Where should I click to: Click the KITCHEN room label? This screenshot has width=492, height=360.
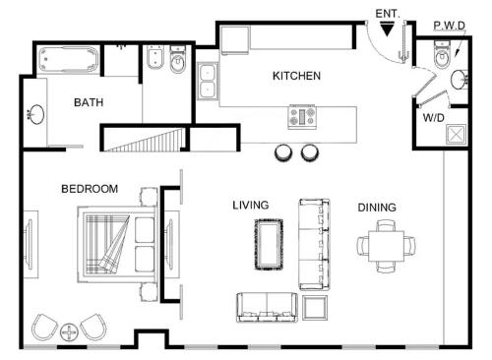pyautogui.click(x=296, y=76)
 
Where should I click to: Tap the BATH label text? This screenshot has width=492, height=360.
pyautogui.click(x=89, y=102)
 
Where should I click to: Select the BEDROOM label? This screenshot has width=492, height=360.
pyautogui.click(x=90, y=189)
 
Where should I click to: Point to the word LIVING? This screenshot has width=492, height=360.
pyautogui.click(x=251, y=206)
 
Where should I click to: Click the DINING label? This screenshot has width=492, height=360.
pyautogui.click(x=377, y=208)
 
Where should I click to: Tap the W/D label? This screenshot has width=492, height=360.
pyautogui.click(x=434, y=118)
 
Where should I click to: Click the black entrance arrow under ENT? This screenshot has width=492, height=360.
pyautogui.click(x=388, y=29)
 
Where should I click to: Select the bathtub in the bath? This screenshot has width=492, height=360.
pyautogui.click(x=68, y=60)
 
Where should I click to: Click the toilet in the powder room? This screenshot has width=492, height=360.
pyautogui.click(x=442, y=54)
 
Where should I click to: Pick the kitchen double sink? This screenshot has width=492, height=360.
pyautogui.click(x=208, y=81)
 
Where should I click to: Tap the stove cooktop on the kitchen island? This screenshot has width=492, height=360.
pyautogui.click(x=302, y=117)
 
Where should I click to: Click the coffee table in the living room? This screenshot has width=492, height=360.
pyautogui.click(x=269, y=245)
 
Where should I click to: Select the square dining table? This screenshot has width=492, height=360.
pyautogui.click(x=386, y=246)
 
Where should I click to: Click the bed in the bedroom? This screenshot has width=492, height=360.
pyautogui.click(x=117, y=245)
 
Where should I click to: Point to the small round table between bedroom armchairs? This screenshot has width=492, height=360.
pyautogui.click(x=69, y=332)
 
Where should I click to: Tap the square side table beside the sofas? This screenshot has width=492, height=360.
pyautogui.click(x=315, y=308)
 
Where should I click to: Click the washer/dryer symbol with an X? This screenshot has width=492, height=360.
pyautogui.click(x=456, y=134)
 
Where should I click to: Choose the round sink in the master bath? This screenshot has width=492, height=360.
pyautogui.click(x=36, y=114)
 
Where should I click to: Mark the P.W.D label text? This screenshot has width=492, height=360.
pyautogui.click(x=450, y=26)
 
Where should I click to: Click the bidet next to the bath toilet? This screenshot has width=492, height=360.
pyautogui.click(x=155, y=58)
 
